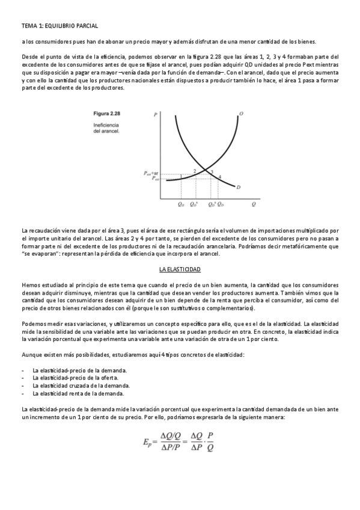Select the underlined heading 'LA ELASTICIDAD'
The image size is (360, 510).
(x=180, y=269)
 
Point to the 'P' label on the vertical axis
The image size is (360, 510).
(x=155, y=114)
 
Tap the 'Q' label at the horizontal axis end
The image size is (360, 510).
(x=254, y=204)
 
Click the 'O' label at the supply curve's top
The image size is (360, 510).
(x=241, y=114)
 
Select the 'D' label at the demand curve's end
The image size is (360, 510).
(x=239, y=188)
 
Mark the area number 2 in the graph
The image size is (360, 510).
(x=195, y=172)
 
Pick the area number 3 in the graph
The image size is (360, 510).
(x=210, y=172)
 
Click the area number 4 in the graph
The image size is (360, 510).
(x=219, y=177)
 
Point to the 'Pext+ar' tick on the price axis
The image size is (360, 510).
(x=151, y=173)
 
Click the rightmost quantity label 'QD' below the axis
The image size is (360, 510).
(x=221, y=204)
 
